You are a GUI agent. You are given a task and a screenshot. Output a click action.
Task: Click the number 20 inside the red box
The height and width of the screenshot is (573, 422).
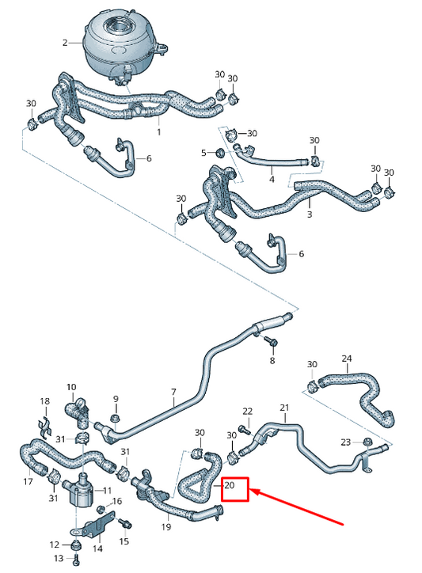pyautogui.click(x=230, y=486)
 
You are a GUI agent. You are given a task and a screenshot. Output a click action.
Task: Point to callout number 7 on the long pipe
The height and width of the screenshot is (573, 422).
pyautogui.click(x=173, y=392)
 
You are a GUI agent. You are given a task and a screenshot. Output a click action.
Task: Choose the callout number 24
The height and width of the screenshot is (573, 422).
pyautogui.click(x=346, y=359)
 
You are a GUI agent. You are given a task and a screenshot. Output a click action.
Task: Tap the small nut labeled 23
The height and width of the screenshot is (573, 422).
pyautogui.click(x=367, y=441)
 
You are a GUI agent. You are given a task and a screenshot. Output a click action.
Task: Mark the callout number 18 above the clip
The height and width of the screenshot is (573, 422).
pyautogui.click(x=44, y=402)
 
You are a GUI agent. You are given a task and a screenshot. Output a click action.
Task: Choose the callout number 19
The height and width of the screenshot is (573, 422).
pyautogui.click(x=166, y=526)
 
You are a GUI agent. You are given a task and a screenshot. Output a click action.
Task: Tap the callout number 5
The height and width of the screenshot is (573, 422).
pyautogui.click(x=203, y=152)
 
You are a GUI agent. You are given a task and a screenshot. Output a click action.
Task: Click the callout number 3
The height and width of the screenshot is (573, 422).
pyautogui.click(x=309, y=214)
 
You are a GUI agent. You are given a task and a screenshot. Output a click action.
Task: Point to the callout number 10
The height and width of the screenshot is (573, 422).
pyautogui.click(x=71, y=387)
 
